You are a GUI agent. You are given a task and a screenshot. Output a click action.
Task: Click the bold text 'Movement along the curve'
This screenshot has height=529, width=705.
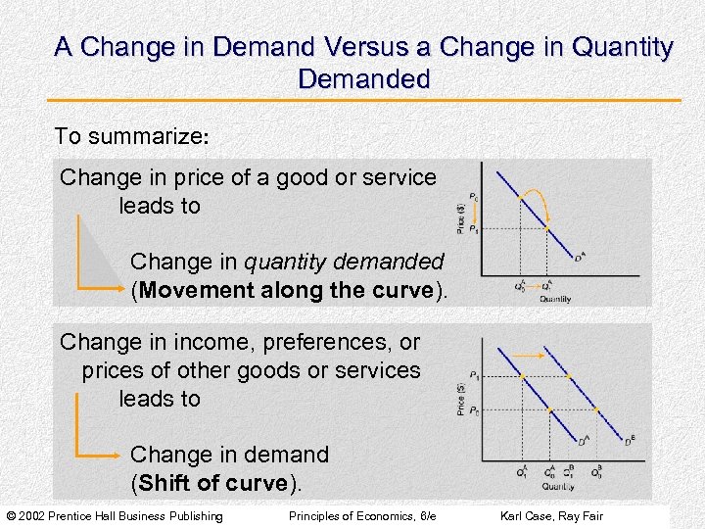(x=286, y=291)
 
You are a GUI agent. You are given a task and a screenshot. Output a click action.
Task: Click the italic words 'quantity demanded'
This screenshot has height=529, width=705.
(x=343, y=263)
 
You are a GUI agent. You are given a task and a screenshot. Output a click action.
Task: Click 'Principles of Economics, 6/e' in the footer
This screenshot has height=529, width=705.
(x=361, y=516)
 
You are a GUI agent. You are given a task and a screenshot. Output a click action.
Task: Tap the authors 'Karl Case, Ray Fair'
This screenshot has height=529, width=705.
(x=551, y=516)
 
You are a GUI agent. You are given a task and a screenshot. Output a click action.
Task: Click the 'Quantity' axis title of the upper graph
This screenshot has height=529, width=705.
(x=554, y=299)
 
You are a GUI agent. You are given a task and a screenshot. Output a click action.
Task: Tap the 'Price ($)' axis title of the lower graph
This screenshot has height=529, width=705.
(x=461, y=399)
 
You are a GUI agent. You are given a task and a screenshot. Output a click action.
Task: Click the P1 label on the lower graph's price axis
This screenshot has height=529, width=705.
(x=475, y=375)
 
